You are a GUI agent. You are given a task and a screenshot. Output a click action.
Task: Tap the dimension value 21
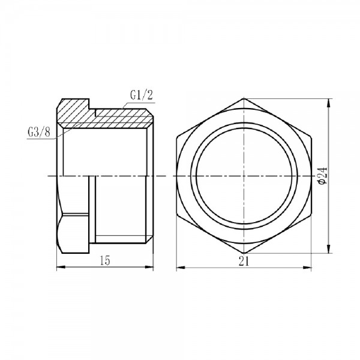(243, 260)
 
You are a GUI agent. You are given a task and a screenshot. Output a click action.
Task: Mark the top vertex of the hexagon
(244, 100)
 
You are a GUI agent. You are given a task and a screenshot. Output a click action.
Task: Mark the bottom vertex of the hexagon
(244, 253)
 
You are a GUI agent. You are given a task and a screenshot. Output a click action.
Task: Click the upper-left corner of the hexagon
(178, 137)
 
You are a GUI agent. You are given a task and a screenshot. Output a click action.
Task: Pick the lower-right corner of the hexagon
(310, 214)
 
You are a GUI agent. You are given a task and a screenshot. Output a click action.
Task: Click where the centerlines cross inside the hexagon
(244, 176)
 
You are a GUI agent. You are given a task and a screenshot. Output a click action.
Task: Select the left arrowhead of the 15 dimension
(59, 266)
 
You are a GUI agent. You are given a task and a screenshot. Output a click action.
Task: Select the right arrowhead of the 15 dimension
(154, 266)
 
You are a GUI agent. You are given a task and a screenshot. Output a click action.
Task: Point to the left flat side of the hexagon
(178, 176)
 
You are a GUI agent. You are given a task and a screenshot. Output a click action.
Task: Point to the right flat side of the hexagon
(310, 176)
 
